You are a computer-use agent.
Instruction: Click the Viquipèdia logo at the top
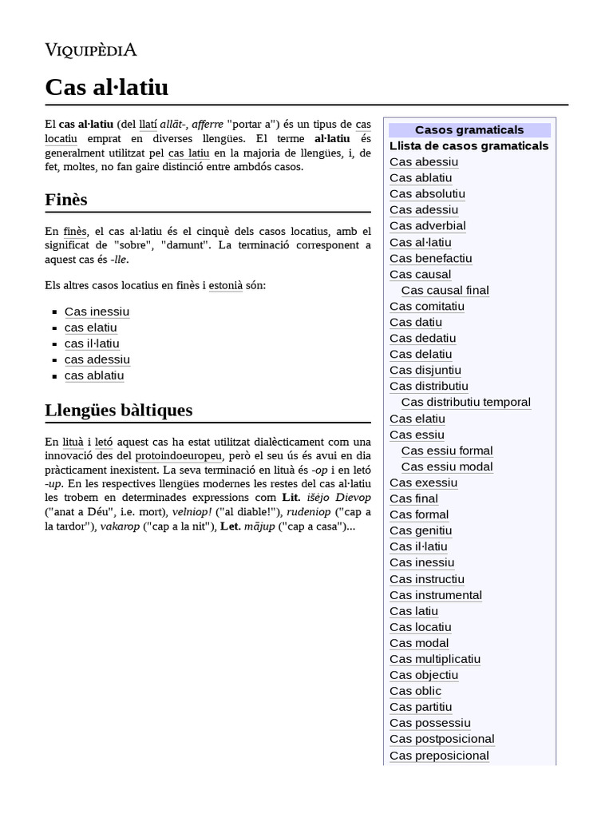click(90, 50)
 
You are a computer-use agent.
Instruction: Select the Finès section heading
click(66, 199)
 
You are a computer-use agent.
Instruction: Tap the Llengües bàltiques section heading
click(118, 410)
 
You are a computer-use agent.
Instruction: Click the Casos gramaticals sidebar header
click(469, 129)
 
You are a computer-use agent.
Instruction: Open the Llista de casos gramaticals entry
click(469, 145)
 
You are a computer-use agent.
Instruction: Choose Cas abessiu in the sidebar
click(424, 161)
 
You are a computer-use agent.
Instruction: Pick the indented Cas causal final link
click(445, 290)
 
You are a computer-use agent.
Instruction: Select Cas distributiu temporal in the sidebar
click(465, 402)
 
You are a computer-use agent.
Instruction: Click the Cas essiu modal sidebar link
click(447, 467)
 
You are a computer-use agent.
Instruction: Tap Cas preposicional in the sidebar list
click(439, 755)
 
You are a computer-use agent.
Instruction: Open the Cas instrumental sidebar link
click(436, 594)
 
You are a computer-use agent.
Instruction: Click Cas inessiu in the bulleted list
click(97, 312)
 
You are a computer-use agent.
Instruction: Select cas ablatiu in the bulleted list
click(94, 375)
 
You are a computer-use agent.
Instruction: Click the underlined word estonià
click(226, 285)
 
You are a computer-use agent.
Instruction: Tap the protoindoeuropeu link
click(178, 455)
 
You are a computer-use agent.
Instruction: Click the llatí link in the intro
click(148, 124)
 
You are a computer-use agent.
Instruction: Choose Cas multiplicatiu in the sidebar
click(435, 659)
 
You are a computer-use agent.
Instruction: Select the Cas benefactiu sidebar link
click(431, 258)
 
